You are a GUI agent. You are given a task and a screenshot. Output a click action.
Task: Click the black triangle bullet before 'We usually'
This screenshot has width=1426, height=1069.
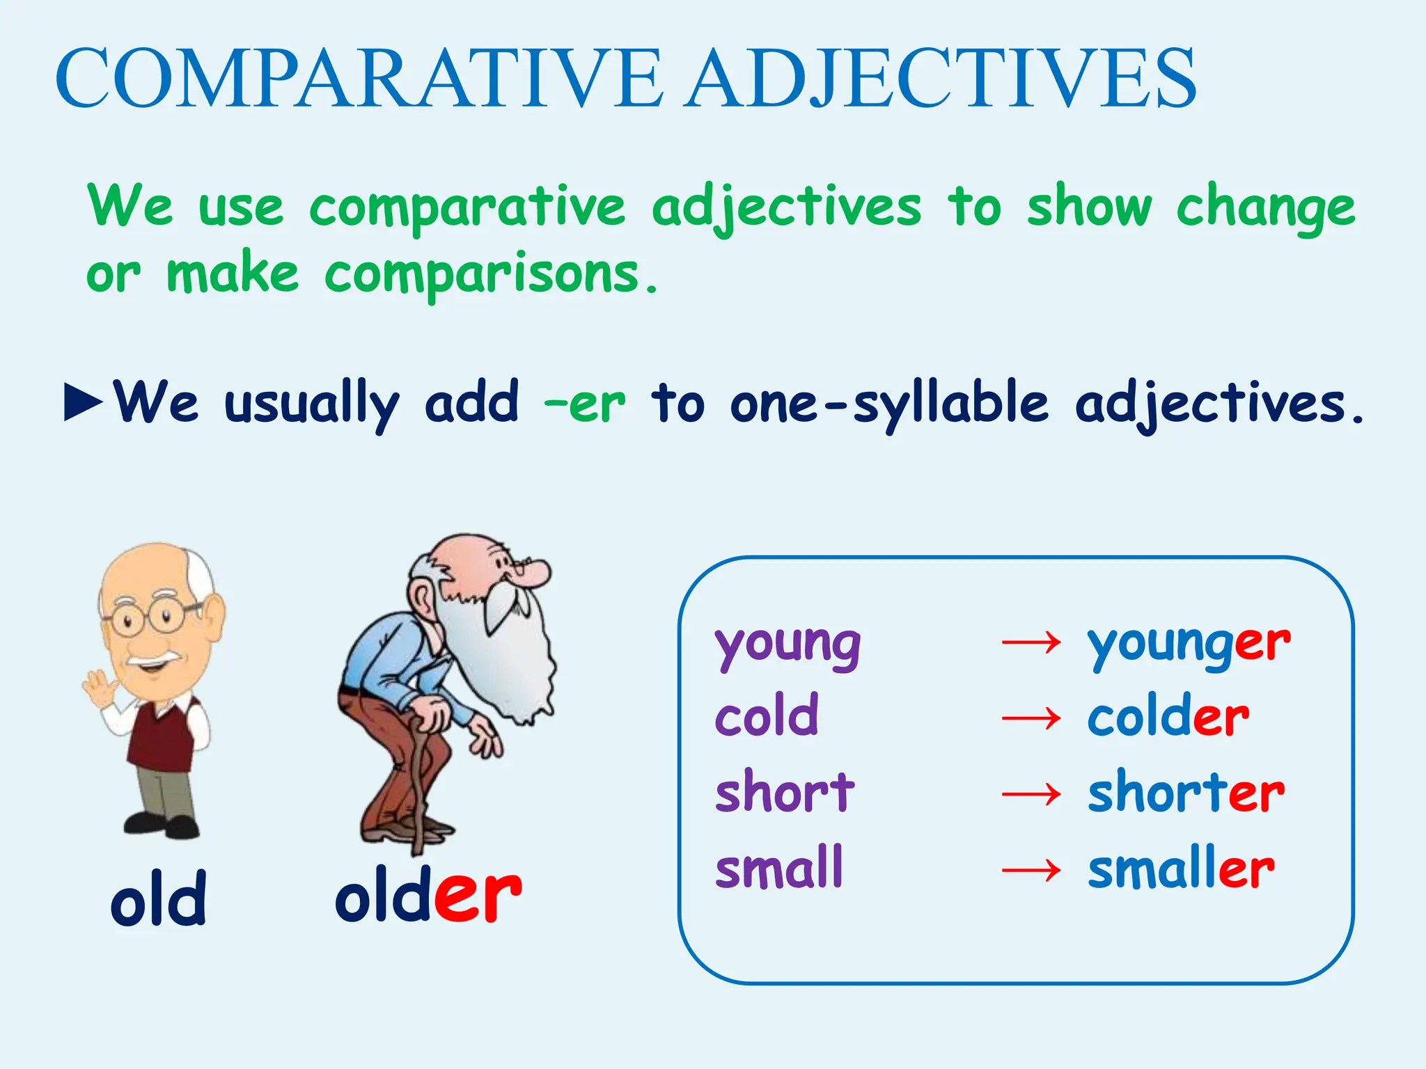(x=83, y=402)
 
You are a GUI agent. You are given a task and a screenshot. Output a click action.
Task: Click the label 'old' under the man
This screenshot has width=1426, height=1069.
(x=159, y=899)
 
